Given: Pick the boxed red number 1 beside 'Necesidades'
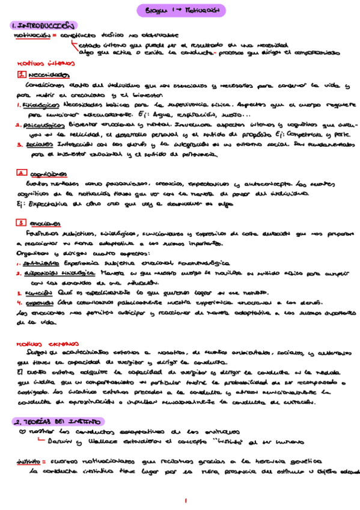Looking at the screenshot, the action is pyautogui.click(x=21, y=75).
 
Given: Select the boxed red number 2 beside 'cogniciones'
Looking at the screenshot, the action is pyautogui.click(x=21, y=173).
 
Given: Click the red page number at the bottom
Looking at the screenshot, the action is pyautogui.click(x=187, y=500).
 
